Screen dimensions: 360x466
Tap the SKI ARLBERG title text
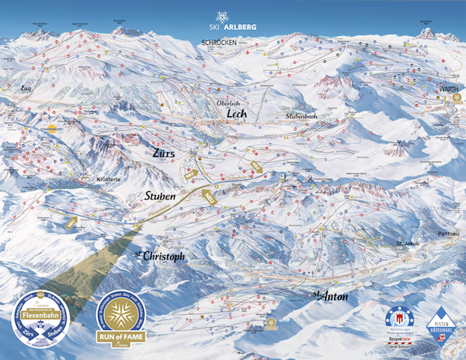[233, 28]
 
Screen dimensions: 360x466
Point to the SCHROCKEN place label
[219, 43]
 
